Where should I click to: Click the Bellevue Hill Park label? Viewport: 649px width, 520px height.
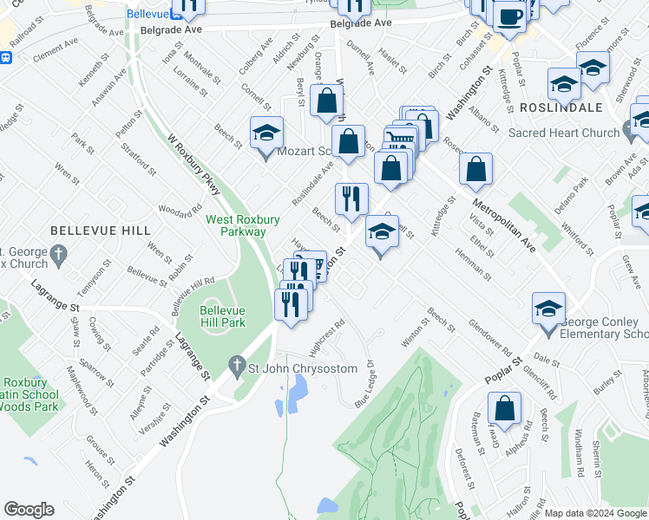pyautogui.click(x=222, y=315)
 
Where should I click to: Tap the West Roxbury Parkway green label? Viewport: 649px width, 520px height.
pyautogui.click(x=235, y=225)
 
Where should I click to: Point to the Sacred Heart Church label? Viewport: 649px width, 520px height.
pyautogui.click(x=564, y=133)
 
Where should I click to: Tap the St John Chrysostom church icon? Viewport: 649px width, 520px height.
pyautogui.click(x=237, y=367)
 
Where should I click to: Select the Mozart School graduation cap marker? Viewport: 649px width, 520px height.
pyautogui.click(x=266, y=134)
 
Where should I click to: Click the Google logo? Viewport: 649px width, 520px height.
pyautogui.click(x=30, y=510)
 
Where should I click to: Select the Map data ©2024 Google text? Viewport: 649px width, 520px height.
pyautogui.click(x=595, y=513)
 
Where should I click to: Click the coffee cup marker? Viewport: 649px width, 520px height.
pyautogui.click(x=509, y=16)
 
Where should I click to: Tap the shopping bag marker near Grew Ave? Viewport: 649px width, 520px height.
pyautogui.click(x=503, y=410)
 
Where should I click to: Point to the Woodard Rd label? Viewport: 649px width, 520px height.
pyautogui.click(x=180, y=210)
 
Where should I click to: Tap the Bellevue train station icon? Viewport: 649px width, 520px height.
pyautogui.click(x=6, y=58)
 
